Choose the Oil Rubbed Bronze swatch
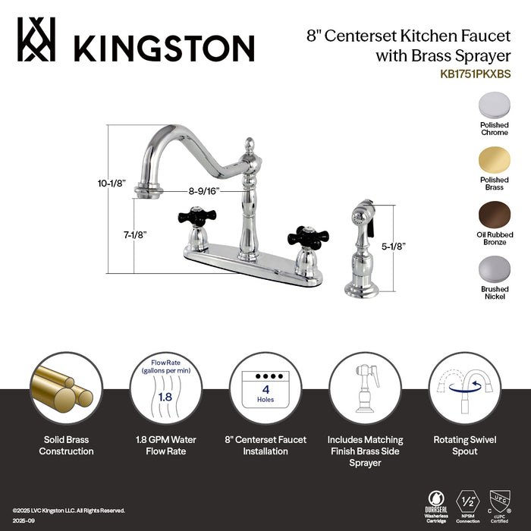494,215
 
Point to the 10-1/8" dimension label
112,183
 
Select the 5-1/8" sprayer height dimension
393,246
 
